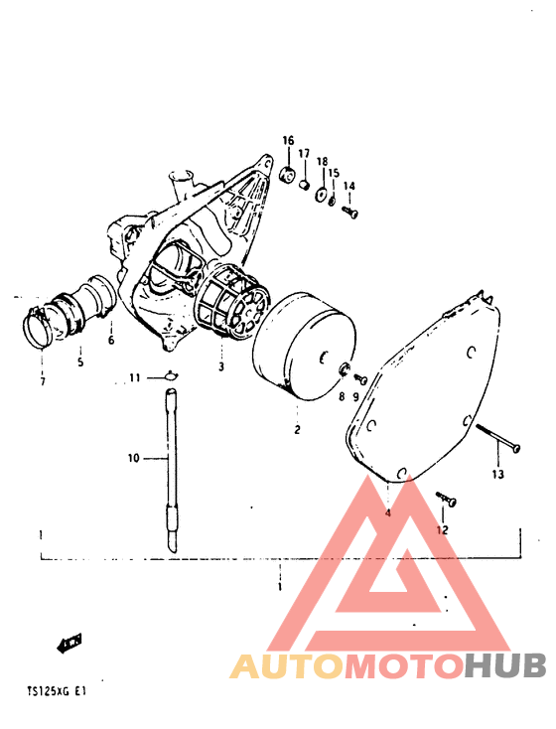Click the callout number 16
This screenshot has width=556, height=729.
(x=288, y=140)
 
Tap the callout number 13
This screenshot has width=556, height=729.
(x=497, y=474)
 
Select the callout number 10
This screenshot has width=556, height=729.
(x=134, y=459)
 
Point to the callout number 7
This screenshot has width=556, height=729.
(x=43, y=381)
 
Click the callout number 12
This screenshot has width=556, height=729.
(x=442, y=529)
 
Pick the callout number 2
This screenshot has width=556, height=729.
(x=297, y=429)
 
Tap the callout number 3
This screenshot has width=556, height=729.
(x=221, y=366)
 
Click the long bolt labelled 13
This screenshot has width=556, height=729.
(x=497, y=437)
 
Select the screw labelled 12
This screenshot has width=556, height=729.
(x=446, y=499)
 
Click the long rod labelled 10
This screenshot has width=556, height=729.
(x=172, y=470)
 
